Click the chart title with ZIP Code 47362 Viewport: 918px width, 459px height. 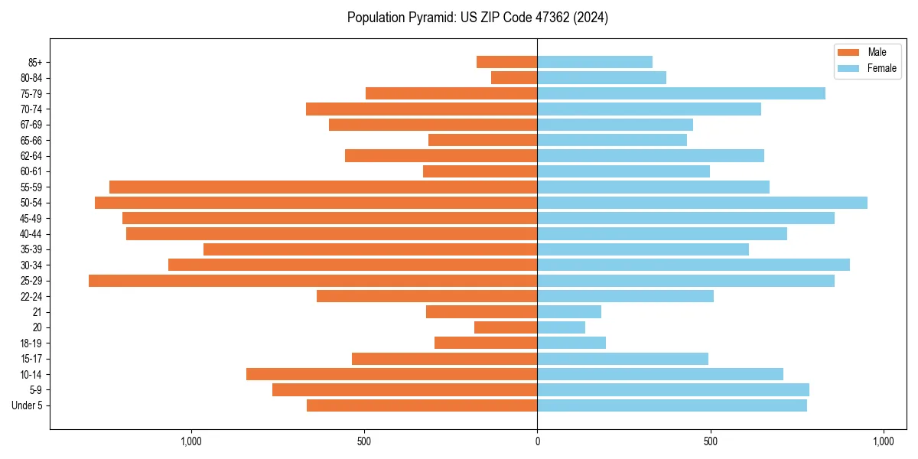[x=477, y=18]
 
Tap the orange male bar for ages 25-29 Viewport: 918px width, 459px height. [x=313, y=281]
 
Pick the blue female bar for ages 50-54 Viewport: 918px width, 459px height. [x=702, y=203]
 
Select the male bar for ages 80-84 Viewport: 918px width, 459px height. [x=514, y=77]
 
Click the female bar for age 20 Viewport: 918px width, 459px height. [x=561, y=327]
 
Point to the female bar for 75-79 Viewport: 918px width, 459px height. [x=681, y=93]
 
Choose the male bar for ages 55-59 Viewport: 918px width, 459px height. [x=323, y=187]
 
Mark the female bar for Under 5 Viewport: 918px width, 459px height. [x=672, y=405]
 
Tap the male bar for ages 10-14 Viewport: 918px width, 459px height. [x=392, y=374]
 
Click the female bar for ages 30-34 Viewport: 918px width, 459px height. [x=693, y=265]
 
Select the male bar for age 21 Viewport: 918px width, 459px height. [x=481, y=312]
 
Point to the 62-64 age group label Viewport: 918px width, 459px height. [x=31, y=156]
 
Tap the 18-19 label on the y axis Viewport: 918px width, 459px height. [x=31, y=343]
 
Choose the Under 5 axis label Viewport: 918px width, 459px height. [x=27, y=405]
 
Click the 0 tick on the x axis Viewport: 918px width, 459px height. [x=537, y=441]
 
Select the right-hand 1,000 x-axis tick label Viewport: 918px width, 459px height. [x=884, y=441]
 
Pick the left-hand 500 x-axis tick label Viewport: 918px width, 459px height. [x=364, y=441]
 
